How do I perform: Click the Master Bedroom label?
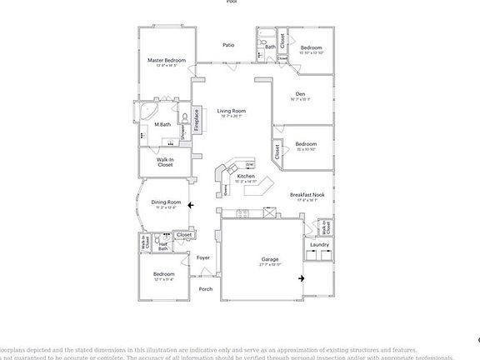click(166, 60)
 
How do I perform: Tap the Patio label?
click(227, 45)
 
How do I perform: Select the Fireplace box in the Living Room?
click(197, 119)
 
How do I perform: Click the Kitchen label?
click(245, 176)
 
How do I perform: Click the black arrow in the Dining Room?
click(191, 204)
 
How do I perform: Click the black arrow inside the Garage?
click(302, 279)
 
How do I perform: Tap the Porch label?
click(205, 289)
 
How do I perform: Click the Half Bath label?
click(163, 246)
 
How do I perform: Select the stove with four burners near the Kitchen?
click(244, 213)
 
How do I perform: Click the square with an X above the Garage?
click(270, 212)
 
